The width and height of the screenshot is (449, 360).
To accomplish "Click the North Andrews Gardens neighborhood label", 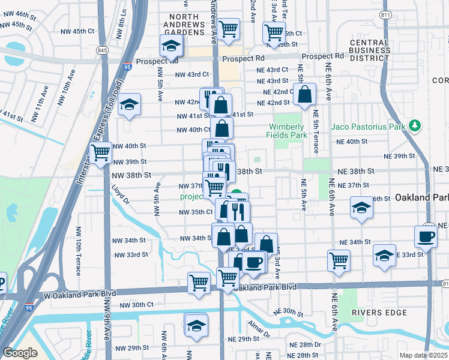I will [x=184, y=25].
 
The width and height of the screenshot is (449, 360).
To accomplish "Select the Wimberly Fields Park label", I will [x=288, y=131].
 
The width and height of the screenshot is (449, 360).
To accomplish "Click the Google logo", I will [x=20, y=352].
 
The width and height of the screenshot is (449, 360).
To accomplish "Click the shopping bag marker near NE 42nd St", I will [x=305, y=94].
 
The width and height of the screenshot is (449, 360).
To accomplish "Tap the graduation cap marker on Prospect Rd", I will [x=171, y=46].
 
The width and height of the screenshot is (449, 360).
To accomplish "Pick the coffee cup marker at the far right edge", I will [x=426, y=236].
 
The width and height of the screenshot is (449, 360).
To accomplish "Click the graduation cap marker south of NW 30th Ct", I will [x=196, y=326].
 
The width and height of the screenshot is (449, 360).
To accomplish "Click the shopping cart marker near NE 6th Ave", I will [x=339, y=260].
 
